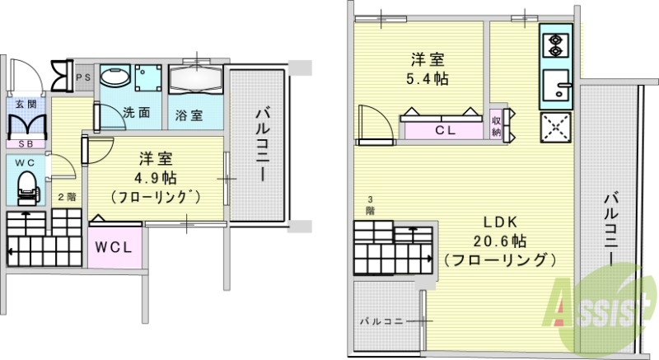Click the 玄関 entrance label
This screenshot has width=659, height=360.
click(26, 104)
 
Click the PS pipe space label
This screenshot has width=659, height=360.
click(82, 77)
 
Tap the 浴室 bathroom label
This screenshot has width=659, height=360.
click(189, 115)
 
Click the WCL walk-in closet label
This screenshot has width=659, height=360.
click(115, 247)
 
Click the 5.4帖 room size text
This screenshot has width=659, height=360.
click(429, 80)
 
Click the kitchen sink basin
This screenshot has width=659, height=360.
click(558, 86)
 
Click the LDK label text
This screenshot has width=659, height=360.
click(498, 222)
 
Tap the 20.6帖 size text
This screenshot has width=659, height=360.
click(498, 241)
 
